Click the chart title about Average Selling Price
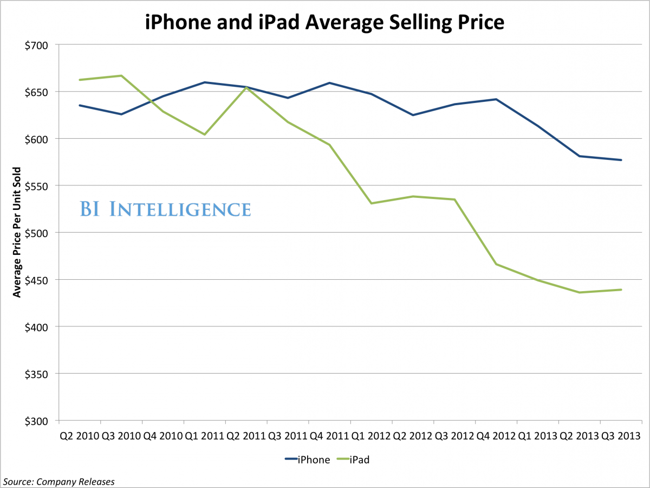[x=325, y=22]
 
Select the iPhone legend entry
[x=308, y=460]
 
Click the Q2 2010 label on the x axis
[x=80, y=436]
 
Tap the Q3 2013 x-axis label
[x=621, y=436]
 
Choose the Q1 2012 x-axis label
[x=372, y=436]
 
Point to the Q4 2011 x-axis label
[x=330, y=436]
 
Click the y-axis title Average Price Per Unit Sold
[x=17, y=233]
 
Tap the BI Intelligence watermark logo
[x=165, y=209]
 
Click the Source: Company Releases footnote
[x=60, y=481]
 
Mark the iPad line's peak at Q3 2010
[x=121, y=75]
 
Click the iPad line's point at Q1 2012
[x=372, y=203]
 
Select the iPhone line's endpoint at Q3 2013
[x=621, y=160]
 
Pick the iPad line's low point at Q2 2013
[x=580, y=292]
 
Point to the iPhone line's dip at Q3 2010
[x=121, y=114]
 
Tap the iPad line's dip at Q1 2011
[x=205, y=134]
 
